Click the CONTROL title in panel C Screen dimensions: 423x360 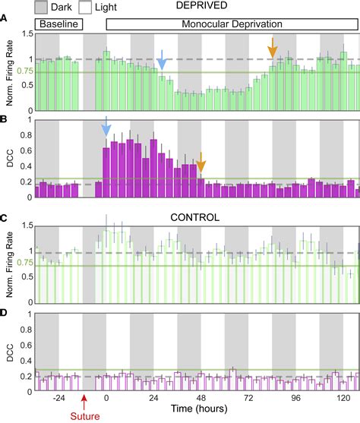195,216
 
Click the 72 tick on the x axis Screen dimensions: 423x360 248,396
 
